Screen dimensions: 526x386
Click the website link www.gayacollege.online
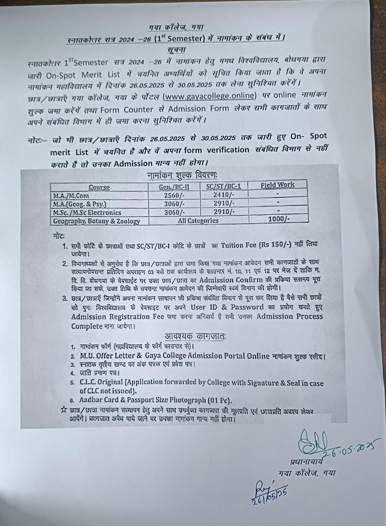(x=210, y=95)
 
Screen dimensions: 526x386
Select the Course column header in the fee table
(x=99, y=187)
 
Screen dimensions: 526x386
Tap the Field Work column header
(x=277, y=185)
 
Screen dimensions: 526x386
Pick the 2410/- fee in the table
(x=223, y=195)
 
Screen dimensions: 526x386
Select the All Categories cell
(x=198, y=221)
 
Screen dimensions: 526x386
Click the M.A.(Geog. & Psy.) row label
(x=80, y=204)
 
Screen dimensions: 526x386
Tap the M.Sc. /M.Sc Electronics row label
(x=87, y=213)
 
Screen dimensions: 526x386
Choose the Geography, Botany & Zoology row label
(x=96, y=221)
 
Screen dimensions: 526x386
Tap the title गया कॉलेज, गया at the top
(x=176, y=27)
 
